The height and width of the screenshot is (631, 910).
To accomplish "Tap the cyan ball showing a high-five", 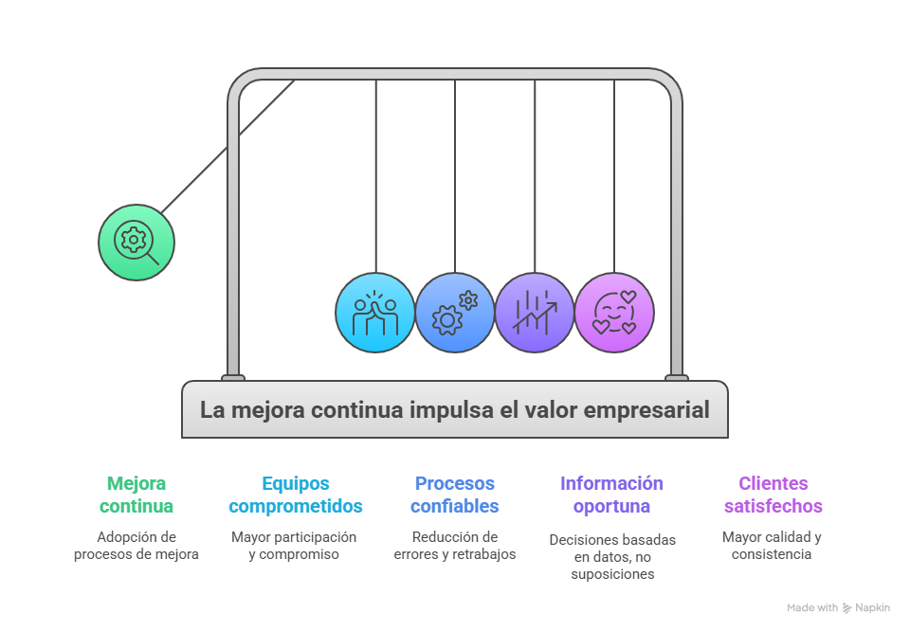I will coord(375,313).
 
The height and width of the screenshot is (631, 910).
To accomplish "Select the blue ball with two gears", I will coord(455,313).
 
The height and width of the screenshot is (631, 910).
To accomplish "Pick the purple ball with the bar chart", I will coord(535,313).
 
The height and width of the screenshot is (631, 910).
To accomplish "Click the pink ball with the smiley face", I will coord(614,313).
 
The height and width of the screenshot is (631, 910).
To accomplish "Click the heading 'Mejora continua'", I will coord(136,495).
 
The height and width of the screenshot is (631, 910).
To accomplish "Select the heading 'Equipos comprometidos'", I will coord(296,495).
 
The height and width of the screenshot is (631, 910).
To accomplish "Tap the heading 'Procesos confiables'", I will coord(455,495).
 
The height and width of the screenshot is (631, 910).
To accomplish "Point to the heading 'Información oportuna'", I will coord(611,495).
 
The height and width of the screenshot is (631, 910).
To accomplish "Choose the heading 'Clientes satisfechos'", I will coord(773,495).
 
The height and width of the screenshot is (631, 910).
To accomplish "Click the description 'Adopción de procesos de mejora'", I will coord(136,545).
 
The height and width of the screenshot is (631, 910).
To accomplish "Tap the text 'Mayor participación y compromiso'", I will coord(294,545).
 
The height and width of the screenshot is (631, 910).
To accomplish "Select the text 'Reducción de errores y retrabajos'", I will coord(455,545).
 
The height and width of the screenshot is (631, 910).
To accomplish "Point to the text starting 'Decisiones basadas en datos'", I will coord(611,556).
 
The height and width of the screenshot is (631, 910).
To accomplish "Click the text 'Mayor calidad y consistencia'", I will coord(772,545).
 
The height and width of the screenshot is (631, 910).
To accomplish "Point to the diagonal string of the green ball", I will coord(227,146).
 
